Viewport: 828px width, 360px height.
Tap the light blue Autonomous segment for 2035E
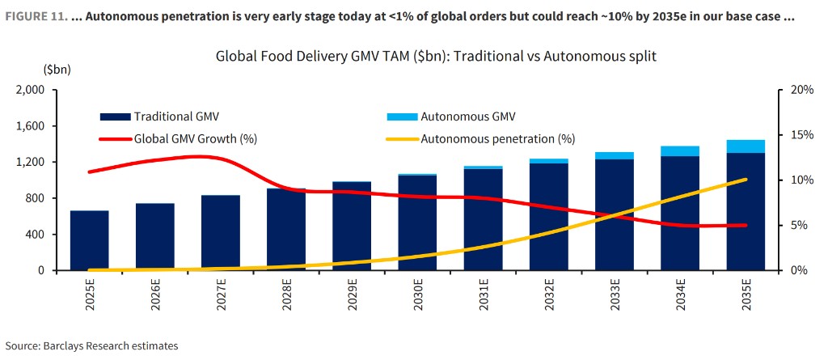pos(745,146)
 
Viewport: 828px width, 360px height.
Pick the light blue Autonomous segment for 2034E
pos(679,151)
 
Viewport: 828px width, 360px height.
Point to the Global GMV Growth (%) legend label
pos(196,138)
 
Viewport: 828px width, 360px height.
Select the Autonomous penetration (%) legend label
pos(497,138)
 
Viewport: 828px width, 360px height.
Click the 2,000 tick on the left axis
pos(30,90)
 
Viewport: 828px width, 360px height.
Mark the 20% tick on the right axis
pos(800,90)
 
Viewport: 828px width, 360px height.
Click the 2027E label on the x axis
pos(220,299)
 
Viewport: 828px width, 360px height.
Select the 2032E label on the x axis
pos(548,299)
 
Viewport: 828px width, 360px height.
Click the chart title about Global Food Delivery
pos(436,57)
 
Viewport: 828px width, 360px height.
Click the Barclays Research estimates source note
pos(91,345)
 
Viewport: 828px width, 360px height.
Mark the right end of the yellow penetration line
pos(746,180)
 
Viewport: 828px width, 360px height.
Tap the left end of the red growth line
pos(89,172)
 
